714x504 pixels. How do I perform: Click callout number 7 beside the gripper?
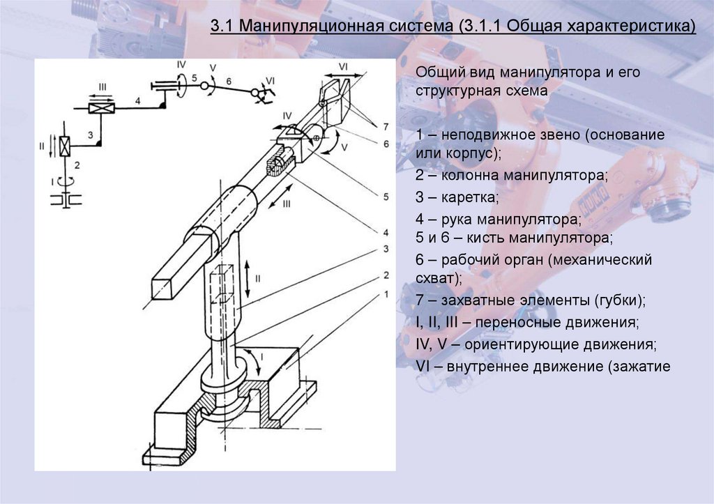384,126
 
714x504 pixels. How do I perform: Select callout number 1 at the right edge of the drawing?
385,294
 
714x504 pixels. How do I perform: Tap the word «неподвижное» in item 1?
484,134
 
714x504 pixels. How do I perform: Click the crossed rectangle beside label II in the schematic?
64,146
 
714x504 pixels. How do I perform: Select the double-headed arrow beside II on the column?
248,278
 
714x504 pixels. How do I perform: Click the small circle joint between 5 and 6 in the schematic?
204,86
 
